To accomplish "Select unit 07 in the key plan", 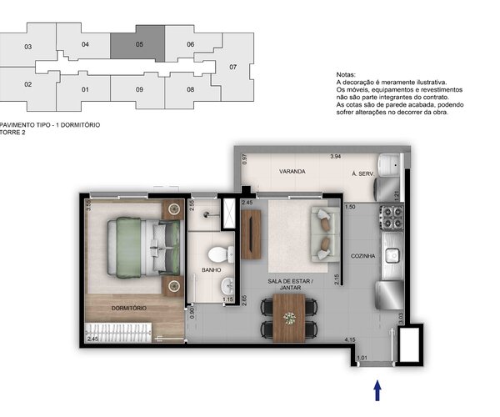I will pyautogui.click(x=233, y=67).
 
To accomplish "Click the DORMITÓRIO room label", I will pyautogui.click(x=129, y=309).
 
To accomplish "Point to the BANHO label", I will pyautogui.click(x=211, y=270).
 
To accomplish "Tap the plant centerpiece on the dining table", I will pyautogui.click(x=289, y=318).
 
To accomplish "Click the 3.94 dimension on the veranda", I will pyautogui.click(x=335, y=157).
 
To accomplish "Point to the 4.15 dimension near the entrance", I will pyautogui.click(x=352, y=340).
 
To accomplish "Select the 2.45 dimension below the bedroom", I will pyautogui.click(x=92, y=339).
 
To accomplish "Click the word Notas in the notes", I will pyautogui.click(x=346, y=74).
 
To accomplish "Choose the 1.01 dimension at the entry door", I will pyautogui.click(x=361, y=359).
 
